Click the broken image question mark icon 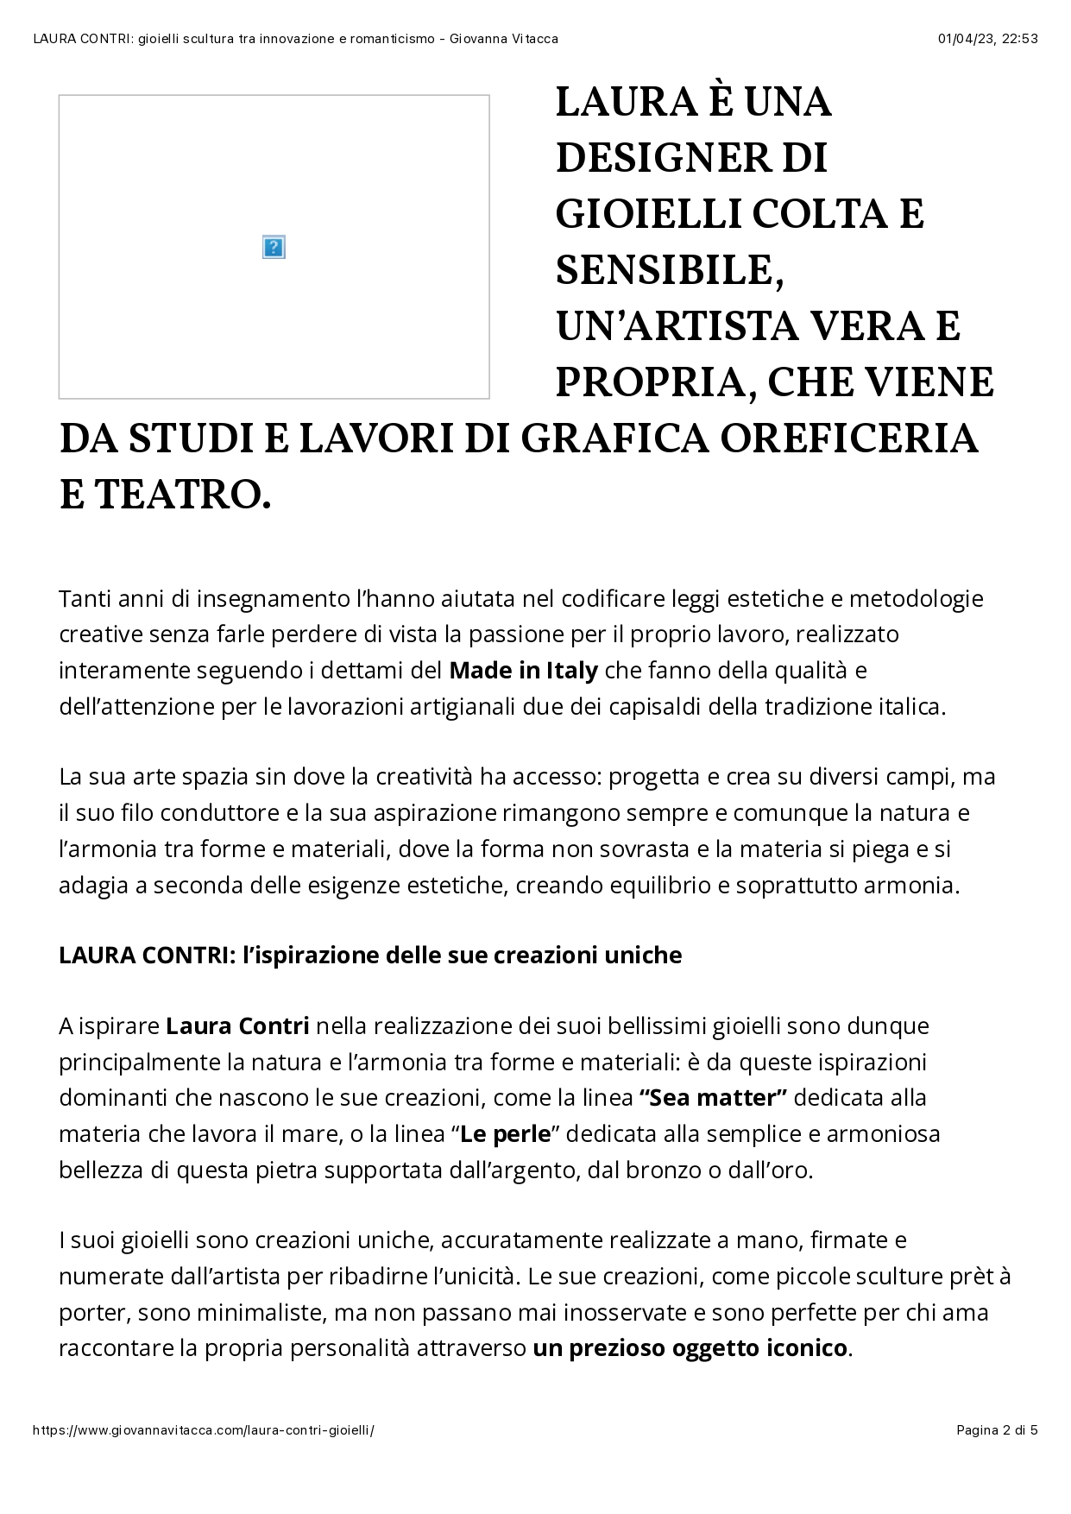(x=274, y=248)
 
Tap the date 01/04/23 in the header (x=964, y=39)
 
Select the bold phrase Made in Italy (x=523, y=671)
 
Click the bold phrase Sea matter (x=713, y=1098)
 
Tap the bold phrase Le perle (x=505, y=1134)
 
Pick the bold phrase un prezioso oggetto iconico (x=690, y=1348)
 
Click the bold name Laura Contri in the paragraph (x=237, y=1026)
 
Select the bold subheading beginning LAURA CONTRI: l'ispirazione (x=370, y=956)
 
